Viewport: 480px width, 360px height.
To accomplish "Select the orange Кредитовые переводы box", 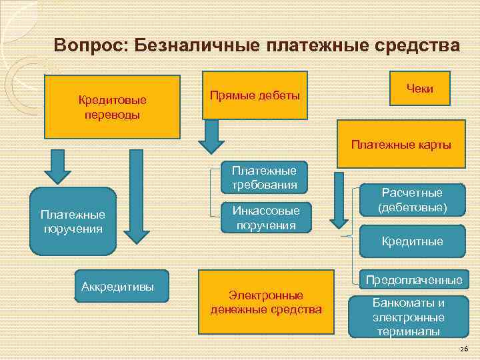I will click(x=113, y=106).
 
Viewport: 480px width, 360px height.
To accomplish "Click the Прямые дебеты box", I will click(x=255, y=95).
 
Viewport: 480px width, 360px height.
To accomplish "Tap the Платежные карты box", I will click(x=401, y=144).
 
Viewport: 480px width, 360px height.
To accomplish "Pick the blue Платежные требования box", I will click(x=264, y=178).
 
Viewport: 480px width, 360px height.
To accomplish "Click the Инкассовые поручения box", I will click(x=265, y=217).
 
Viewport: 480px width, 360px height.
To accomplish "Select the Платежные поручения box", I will click(x=73, y=221).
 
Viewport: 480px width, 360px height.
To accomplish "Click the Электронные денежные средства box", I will click(x=265, y=302).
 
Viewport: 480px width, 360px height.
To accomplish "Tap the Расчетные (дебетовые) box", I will click(x=411, y=200).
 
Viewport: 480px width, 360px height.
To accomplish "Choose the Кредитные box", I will click(x=411, y=241).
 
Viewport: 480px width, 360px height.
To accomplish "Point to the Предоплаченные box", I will click(x=411, y=279).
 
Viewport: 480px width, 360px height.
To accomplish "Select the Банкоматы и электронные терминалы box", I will click(x=408, y=315).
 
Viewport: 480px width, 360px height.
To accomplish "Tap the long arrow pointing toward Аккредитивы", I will click(x=136, y=196).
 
